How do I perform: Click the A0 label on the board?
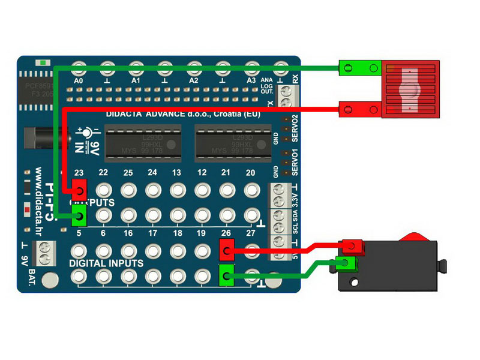(78, 80)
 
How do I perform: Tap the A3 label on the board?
(251, 80)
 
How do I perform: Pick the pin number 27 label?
(251, 233)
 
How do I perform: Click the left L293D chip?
(142, 143)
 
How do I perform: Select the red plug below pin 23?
(79, 192)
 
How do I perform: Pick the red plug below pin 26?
(226, 249)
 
